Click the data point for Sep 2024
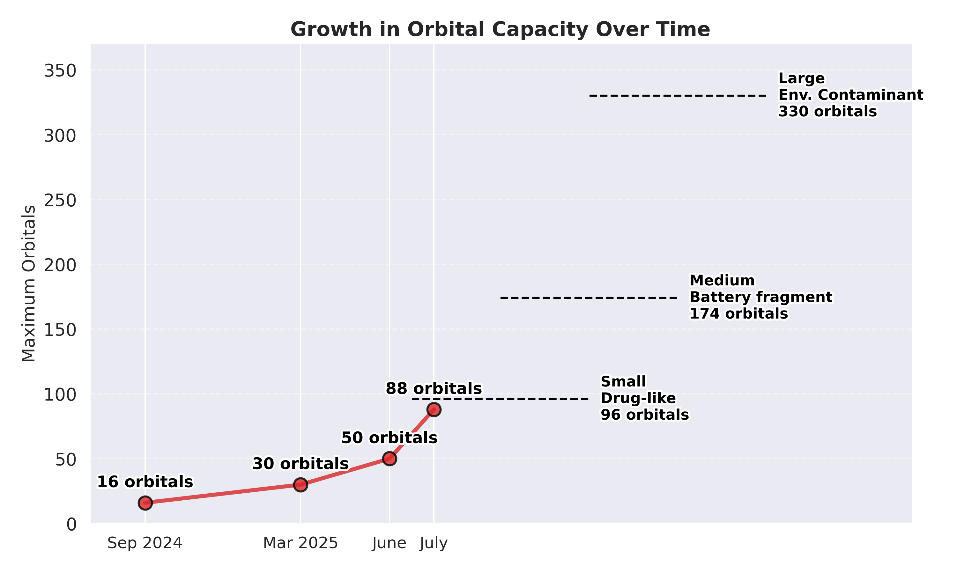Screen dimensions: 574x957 (x=145, y=503)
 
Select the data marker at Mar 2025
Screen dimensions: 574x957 (x=300, y=485)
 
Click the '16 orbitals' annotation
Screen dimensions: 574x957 (x=145, y=482)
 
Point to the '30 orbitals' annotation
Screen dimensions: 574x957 (x=300, y=463)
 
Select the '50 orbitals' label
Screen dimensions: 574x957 (x=389, y=438)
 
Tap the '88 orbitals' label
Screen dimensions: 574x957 (x=434, y=388)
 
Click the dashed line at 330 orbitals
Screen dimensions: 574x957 (x=677, y=95)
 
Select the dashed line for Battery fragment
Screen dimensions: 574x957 (x=588, y=298)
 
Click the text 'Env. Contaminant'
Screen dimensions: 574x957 (x=850, y=95)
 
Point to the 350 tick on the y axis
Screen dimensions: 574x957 (x=60, y=71)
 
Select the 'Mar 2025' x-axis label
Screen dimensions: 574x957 (x=300, y=543)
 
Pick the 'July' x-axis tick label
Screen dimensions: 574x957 (x=434, y=543)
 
